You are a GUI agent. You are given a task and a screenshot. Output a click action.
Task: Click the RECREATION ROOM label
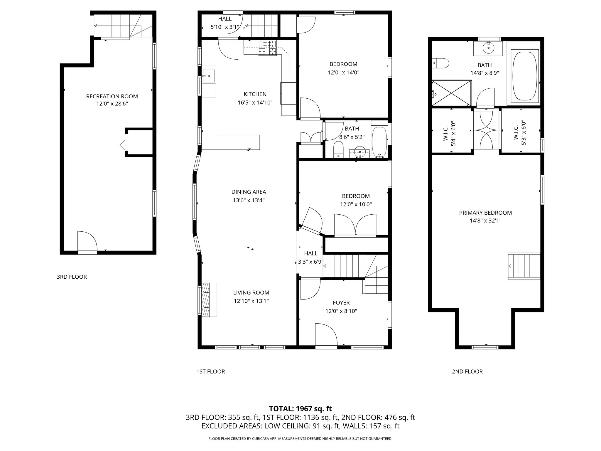point(112,96)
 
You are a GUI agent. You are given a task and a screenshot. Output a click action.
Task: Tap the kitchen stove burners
point(267,48)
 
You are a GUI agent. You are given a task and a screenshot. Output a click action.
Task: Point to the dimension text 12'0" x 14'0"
point(343,73)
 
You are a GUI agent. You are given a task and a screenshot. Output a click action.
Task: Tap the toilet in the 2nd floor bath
point(441,63)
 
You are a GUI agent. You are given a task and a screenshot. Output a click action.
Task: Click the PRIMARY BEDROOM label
point(485,213)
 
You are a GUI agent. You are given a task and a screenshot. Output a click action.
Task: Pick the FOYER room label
point(341,303)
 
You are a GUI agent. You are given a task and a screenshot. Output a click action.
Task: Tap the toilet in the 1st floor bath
point(339,149)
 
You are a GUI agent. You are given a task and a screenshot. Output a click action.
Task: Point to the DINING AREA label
point(249,192)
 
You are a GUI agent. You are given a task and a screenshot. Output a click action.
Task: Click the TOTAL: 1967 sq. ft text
point(300,408)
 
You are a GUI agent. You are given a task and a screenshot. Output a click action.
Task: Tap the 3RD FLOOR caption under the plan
point(72,277)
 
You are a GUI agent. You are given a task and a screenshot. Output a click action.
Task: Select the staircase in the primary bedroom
point(524,266)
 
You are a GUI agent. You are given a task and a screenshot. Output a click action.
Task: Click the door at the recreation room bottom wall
point(87,243)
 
